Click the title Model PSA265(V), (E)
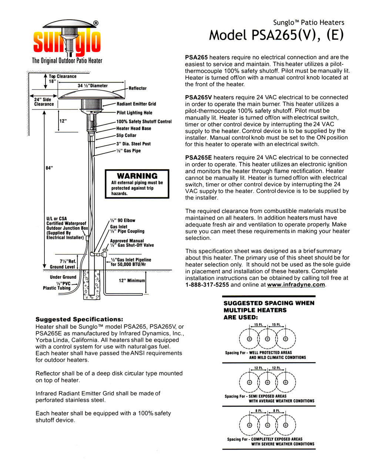(x=276, y=35)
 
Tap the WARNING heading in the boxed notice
(x=137, y=176)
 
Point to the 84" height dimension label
(x=49, y=168)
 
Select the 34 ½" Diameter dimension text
(x=93, y=86)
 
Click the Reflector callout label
(x=137, y=89)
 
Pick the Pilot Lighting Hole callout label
(x=134, y=113)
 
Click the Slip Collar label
(x=126, y=136)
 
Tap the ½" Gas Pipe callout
(x=128, y=151)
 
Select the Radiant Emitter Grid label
(x=136, y=104)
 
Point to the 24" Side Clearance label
(x=44, y=102)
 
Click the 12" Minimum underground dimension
(x=132, y=281)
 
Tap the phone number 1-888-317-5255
(x=207, y=285)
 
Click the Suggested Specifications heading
(x=79, y=319)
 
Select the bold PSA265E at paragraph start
(x=198, y=157)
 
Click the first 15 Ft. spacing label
(x=258, y=325)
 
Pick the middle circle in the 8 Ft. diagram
(x=267, y=425)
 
